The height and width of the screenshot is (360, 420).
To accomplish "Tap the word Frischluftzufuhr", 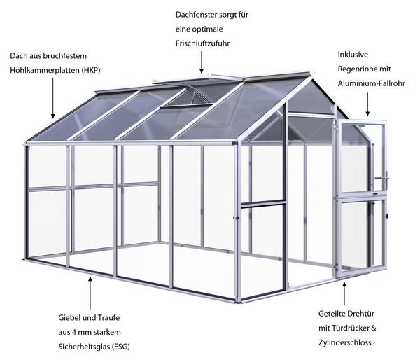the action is click(202, 43).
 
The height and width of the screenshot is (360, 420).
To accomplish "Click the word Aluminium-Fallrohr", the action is click(371, 83).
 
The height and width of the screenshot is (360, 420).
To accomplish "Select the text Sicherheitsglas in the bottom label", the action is click(83, 347).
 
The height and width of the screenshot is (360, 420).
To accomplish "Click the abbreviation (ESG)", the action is click(120, 347).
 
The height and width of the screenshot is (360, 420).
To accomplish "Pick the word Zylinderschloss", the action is click(345, 342).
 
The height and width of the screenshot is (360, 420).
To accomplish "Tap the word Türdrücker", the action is click(351, 328).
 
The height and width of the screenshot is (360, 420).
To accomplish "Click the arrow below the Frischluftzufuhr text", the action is click(202, 62).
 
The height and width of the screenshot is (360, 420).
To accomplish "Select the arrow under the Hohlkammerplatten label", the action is click(52, 98).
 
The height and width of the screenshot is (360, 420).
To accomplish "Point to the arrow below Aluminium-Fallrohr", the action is click(367, 104).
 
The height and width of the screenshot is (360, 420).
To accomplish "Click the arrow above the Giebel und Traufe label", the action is click(90, 293).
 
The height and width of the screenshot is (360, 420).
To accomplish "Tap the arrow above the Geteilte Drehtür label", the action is click(344, 293).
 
